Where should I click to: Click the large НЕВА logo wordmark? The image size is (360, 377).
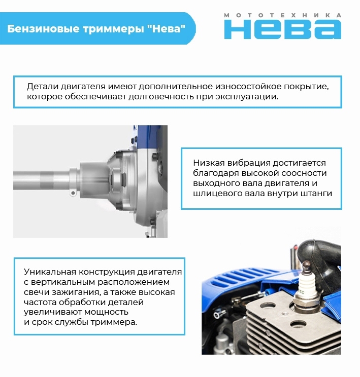282,29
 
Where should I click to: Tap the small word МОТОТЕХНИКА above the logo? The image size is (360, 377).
282,15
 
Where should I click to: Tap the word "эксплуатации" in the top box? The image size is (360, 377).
250,97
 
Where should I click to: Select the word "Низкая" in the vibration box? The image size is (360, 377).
209,163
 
